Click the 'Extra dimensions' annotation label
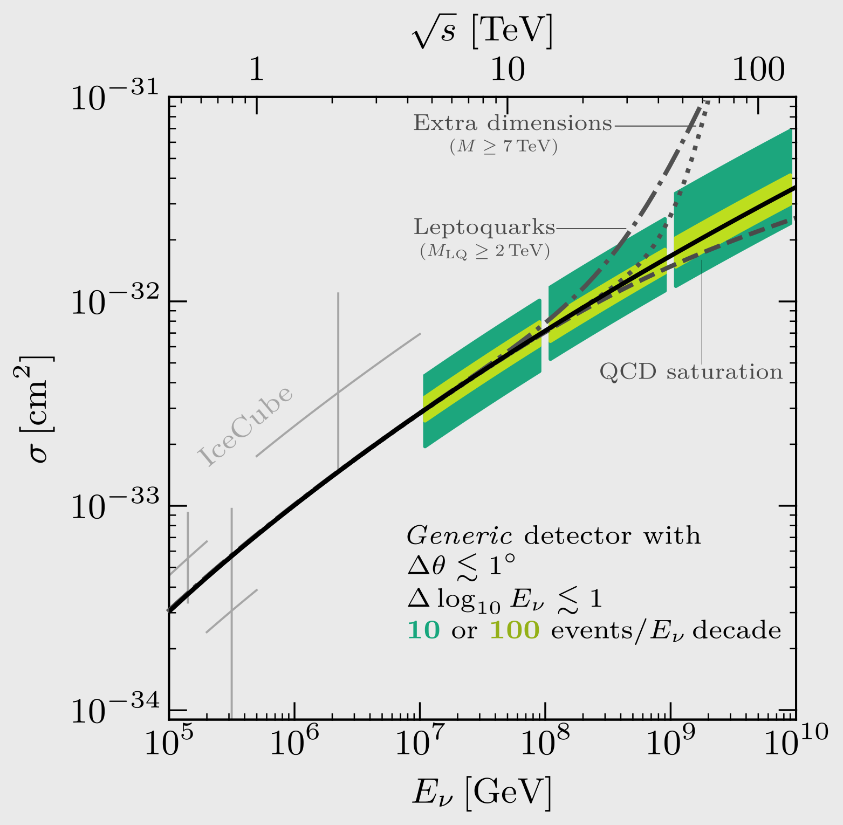[x=512, y=123]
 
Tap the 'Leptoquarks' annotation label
[x=484, y=227]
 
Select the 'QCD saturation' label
[x=691, y=372]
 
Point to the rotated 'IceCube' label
[x=246, y=425]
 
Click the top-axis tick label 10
[x=507, y=70]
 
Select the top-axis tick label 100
[x=758, y=70]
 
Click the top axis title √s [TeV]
[x=482, y=32]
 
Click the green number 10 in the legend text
[x=423, y=630]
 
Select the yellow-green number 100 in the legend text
[x=515, y=630]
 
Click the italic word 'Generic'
[x=459, y=536]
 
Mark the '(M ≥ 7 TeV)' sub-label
[x=503, y=146]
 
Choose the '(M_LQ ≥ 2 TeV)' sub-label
[x=484, y=251]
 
